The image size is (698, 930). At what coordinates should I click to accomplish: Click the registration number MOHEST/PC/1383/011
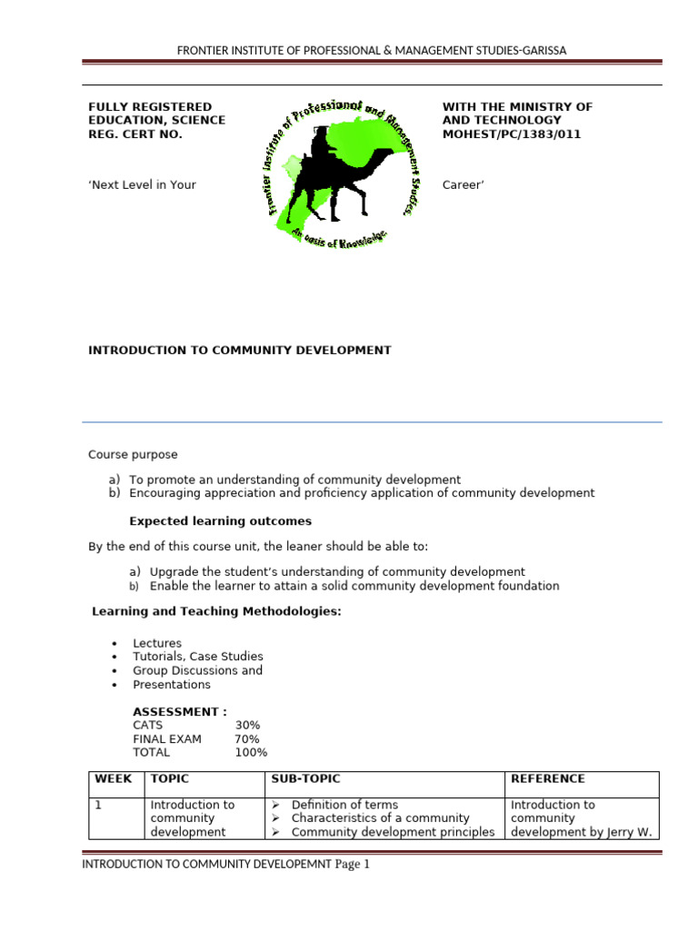(x=512, y=134)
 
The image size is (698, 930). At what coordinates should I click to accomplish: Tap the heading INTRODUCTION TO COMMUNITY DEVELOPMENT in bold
(x=239, y=351)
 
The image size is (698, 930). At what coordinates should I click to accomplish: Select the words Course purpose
(x=133, y=455)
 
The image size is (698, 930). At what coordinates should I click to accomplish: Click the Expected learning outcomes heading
(x=220, y=521)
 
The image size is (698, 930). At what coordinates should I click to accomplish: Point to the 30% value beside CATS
(x=247, y=726)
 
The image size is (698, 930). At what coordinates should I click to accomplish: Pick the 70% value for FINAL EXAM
(x=247, y=739)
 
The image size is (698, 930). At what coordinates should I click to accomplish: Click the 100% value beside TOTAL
(x=251, y=753)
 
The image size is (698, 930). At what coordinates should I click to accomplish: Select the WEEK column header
(x=114, y=779)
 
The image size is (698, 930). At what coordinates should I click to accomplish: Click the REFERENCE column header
(x=547, y=779)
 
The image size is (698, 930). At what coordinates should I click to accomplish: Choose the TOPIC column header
(x=170, y=779)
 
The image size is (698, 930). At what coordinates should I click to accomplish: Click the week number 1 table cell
(x=98, y=805)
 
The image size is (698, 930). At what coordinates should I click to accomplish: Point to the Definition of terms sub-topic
(x=344, y=805)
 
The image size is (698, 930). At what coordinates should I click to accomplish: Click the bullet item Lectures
(x=157, y=644)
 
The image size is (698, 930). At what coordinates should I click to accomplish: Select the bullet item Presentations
(x=172, y=685)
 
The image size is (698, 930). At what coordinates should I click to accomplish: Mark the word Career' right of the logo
(x=464, y=185)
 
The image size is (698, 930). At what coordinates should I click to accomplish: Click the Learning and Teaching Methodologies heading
(x=216, y=612)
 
